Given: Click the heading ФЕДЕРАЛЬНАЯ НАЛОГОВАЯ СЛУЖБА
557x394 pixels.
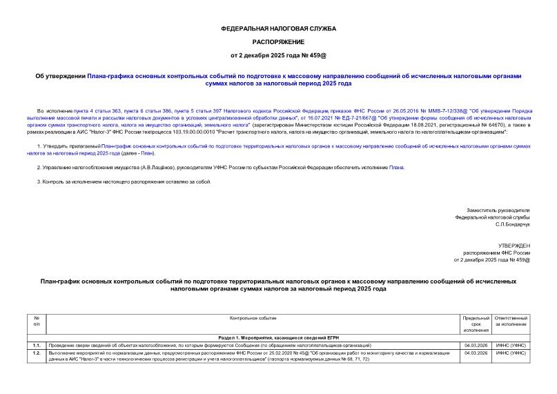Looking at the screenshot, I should tap(278, 29).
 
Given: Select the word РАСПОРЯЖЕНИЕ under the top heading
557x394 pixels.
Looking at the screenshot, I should tap(278, 41).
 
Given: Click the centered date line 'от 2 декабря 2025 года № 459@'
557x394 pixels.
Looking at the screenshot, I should tap(278, 54).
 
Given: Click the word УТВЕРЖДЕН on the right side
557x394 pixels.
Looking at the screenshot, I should tap(514, 246).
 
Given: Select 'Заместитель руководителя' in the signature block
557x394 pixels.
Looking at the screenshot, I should tap(498, 210).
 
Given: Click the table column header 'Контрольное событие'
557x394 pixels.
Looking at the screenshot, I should tap(253, 318).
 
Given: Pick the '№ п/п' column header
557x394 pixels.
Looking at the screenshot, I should tap(37, 321).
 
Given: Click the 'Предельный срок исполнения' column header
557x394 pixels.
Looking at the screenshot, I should tap(476, 321).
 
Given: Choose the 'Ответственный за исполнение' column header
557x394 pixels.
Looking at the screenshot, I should tap(511, 321).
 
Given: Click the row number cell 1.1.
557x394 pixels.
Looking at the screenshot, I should tap(37, 344).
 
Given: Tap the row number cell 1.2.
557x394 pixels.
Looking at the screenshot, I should tap(37, 353).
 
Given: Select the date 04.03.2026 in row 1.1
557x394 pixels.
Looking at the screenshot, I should tap(476, 344).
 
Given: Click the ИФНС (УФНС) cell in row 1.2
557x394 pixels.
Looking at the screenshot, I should tap(511, 353).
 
